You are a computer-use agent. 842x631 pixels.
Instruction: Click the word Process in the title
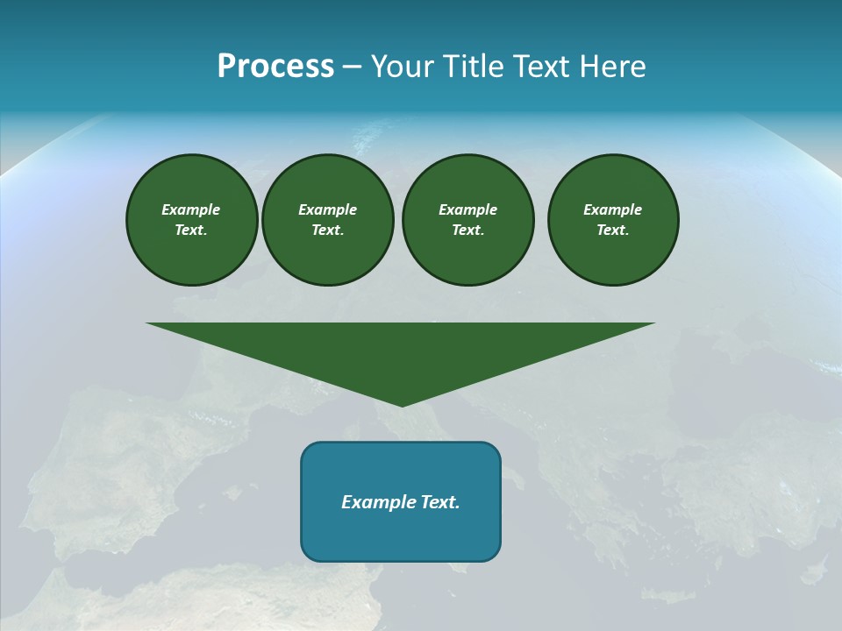click(x=275, y=67)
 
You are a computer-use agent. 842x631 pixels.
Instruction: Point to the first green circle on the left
click(x=191, y=219)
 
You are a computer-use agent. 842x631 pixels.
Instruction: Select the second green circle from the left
click(x=327, y=219)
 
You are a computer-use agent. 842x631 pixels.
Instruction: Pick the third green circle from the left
click(x=467, y=219)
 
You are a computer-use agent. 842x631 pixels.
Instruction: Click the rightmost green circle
click(x=612, y=219)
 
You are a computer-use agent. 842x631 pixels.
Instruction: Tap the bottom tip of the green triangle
click(x=402, y=404)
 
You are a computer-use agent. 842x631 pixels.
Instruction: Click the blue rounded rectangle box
click(x=401, y=501)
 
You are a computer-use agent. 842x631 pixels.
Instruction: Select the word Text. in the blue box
click(x=440, y=502)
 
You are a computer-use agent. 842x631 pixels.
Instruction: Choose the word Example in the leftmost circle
click(x=191, y=209)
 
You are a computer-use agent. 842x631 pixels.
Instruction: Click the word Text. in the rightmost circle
click(x=612, y=230)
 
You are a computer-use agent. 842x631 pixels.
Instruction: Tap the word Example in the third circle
click(x=467, y=209)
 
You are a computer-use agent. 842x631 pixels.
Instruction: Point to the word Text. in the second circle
click(x=327, y=230)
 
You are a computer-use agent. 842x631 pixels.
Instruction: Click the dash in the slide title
click(x=352, y=67)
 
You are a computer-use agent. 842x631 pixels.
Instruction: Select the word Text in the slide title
click(x=544, y=67)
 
